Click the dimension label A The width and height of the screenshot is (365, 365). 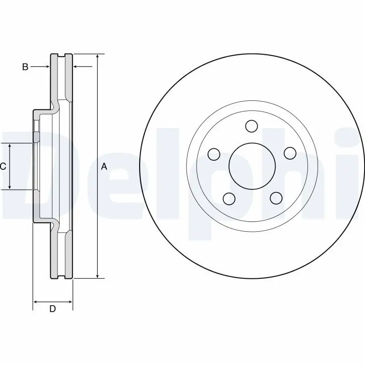pyautogui.click(x=104, y=167)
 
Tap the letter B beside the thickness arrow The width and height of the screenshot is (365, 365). pyautogui.click(x=26, y=67)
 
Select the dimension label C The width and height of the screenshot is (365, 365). pyautogui.click(x=3, y=167)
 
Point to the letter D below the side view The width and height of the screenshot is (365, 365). pyautogui.click(x=52, y=309)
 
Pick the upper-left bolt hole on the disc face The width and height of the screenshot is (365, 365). pyautogui.click(x=214, y=154)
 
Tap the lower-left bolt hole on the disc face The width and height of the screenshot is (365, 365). pyautogui.click(x=229, y=198)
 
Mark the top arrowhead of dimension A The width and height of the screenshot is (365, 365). pyautogui.click(x=98, y=57)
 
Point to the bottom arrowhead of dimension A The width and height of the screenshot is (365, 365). pyautogui.click(x=98, y=275)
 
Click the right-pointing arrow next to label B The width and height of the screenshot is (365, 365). pyautogui.click(x=47, y=67)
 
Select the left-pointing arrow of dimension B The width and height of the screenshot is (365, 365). pyautogui.click(x=76, y=67)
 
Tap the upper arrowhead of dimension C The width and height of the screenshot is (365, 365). pyautogui.click(x=10, y=146)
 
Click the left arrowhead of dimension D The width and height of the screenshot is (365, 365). pyautogui.click(x=36, y=302)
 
